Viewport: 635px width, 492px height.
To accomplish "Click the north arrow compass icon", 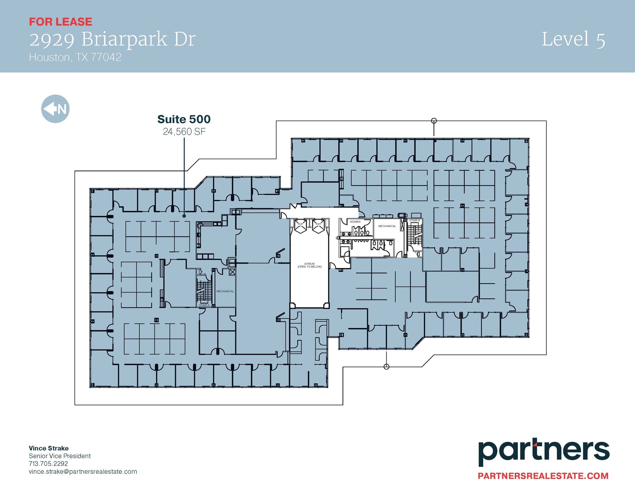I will [55, 109].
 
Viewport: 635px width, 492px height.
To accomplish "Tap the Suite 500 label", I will [184, 119].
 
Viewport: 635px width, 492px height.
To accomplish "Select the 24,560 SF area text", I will [184, 132].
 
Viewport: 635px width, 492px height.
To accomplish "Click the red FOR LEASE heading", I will [60, 22].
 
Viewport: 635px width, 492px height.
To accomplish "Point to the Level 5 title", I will [573, 39].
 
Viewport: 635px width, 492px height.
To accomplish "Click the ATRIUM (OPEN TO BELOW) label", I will [309, 265].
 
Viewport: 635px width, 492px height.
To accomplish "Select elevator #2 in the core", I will [300, 226].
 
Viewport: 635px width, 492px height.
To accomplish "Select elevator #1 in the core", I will [318, 226].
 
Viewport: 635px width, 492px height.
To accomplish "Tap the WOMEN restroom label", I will [355, 222].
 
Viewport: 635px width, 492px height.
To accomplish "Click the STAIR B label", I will [415, 221].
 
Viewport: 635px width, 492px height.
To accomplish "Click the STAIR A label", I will [204, 305].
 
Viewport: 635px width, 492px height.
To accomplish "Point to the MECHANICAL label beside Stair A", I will [225, 291].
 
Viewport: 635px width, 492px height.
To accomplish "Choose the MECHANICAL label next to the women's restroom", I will [387, 226].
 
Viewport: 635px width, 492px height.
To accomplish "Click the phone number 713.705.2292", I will [48, 464].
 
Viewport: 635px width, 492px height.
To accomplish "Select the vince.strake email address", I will [83, 472].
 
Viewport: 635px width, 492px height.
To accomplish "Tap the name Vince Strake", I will [49, 448].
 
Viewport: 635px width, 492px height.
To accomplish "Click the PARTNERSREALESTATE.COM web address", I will [543, 476].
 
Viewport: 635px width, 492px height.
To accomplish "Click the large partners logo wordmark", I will [544, 453].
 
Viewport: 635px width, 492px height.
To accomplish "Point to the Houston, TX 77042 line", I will [75, 57].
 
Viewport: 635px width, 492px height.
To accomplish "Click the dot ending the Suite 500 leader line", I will [184, 216].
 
